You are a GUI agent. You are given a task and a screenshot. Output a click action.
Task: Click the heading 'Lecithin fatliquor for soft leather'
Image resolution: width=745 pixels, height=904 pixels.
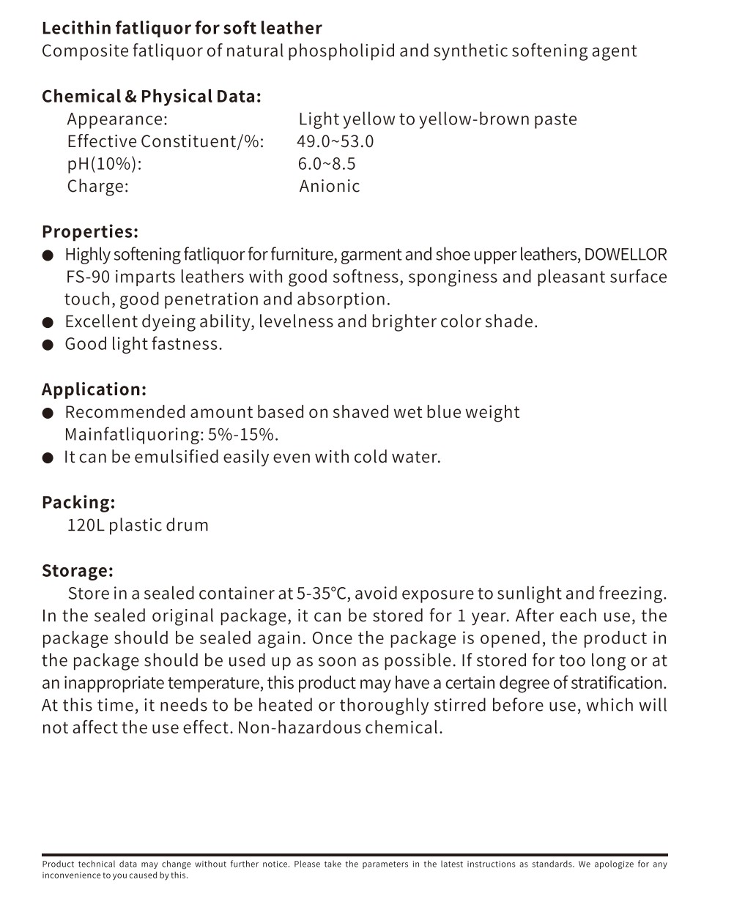tap(182, 29)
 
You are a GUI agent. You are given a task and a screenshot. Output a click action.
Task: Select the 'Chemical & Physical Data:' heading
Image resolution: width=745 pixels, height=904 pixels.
tap(151, 97)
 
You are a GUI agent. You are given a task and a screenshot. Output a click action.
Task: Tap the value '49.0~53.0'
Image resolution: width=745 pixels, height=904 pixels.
tap(336, 141)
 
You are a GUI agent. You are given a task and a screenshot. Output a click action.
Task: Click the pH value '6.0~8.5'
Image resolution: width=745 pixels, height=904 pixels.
tap(327, 164)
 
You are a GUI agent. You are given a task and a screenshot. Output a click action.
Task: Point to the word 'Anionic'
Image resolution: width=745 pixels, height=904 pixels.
tap(330, 186)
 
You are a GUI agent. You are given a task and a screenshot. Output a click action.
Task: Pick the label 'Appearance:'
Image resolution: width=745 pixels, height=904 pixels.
tap(117, 119)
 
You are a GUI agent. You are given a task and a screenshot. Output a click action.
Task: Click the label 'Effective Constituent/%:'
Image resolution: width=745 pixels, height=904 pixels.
tap(166, 141)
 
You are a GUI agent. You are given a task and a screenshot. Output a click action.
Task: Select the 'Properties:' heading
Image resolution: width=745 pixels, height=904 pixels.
tap(90, 232)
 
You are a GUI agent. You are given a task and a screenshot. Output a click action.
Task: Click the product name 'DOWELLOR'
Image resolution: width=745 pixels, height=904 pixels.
tap(626, 255)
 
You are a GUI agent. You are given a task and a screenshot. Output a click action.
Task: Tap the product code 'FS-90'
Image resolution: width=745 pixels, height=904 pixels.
tap(87, 277)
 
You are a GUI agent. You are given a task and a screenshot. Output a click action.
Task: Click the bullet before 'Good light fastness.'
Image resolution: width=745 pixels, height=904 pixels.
tap(48, 345)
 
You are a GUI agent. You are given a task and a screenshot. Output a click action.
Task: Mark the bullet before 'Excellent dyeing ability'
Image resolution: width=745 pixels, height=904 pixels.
tap(48, 322)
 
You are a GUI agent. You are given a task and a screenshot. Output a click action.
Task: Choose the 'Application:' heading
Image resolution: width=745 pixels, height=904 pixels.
tap(94, 389)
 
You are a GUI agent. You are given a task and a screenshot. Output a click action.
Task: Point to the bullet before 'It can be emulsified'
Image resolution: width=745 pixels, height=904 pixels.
tap(48, 458)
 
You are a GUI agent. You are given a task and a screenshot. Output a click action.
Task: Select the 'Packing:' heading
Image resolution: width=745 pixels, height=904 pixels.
tap(78, 503)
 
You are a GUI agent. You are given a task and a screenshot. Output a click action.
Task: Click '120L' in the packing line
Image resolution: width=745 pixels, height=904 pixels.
tap(85, 526)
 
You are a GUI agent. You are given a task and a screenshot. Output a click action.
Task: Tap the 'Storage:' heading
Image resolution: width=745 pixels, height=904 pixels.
tap(78, 571)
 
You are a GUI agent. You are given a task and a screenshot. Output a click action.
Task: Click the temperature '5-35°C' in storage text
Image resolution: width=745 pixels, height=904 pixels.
tap(322, 594)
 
